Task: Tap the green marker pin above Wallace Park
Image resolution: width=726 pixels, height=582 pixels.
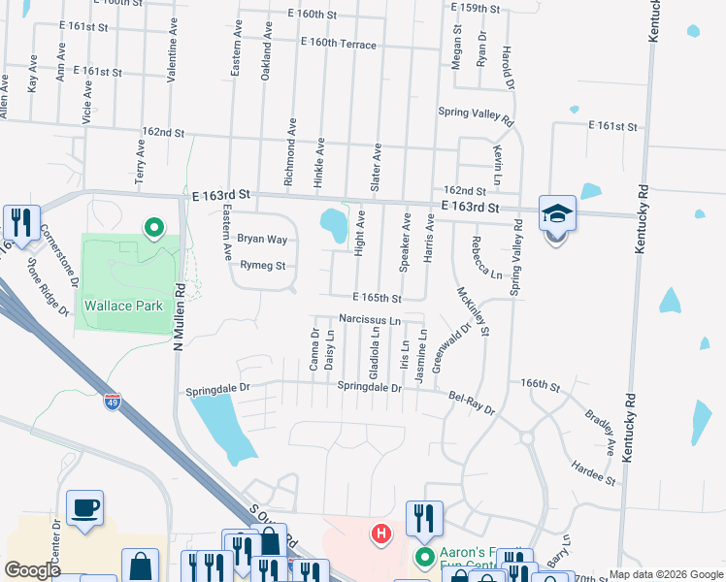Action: [152, 229]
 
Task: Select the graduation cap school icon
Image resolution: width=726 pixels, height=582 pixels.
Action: [557, 214]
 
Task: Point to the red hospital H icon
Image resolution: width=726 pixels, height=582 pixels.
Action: [381, 533]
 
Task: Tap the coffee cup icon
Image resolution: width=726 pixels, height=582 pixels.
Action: [85, 507]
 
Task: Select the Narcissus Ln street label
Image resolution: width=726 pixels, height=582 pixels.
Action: [369, 319]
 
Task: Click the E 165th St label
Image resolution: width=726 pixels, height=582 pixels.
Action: [377, 297]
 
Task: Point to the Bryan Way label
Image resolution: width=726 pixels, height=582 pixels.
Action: [262, 239]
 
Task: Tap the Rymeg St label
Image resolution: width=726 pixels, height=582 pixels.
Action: [262, 266]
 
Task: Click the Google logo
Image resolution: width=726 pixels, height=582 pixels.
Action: [33, 570]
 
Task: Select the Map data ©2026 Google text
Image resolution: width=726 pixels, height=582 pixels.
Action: [666, 574]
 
